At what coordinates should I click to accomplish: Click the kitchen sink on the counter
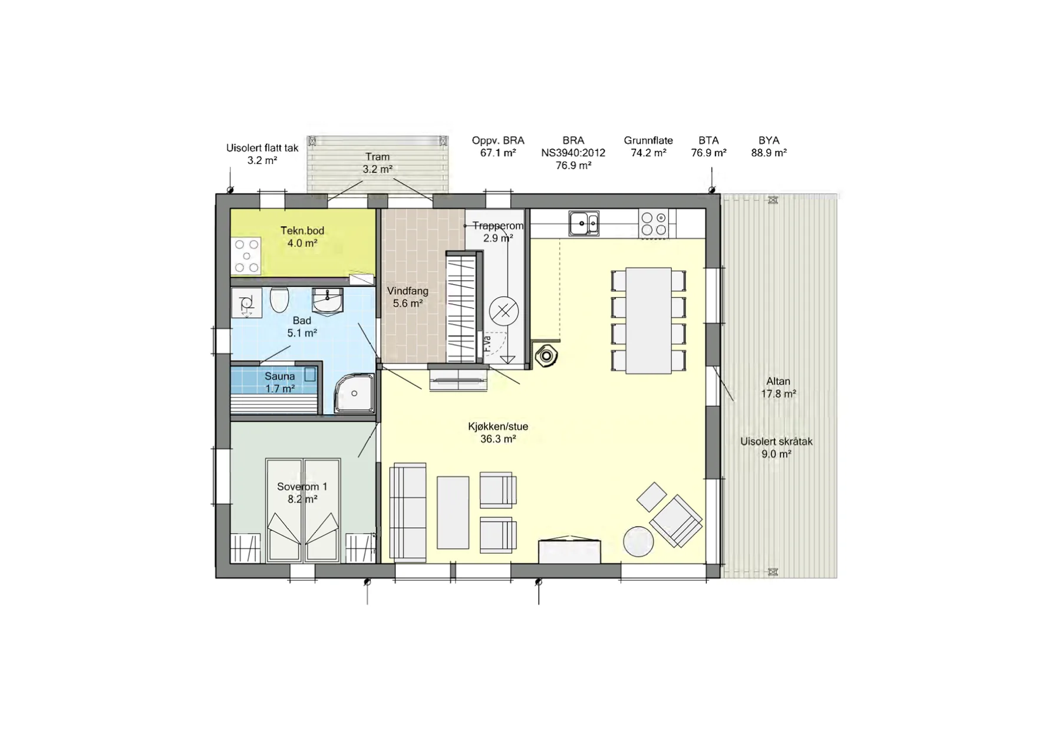tap(583, 223)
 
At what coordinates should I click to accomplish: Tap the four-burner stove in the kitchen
tap(654, 223)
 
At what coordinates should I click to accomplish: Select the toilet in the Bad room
tap(279, 300)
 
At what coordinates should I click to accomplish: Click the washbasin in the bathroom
tap(327, 301)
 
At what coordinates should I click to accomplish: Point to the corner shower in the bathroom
tap(355, 393)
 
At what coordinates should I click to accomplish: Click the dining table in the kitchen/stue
tap(648, 321)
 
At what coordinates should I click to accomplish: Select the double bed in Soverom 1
tap(303, 511)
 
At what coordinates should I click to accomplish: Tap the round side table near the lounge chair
tap(638, 541)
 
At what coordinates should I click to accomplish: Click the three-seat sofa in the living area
tap(407, 512)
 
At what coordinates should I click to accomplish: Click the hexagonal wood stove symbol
tap(546, 356)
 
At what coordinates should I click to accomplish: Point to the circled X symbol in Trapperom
tap(504, 311)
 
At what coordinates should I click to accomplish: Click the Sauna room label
tap(279, 376)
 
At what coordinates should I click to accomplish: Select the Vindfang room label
tap(408, 291)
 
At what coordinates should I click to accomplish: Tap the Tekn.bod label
tap(302, 230)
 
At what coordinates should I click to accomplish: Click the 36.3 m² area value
tap(498, 439)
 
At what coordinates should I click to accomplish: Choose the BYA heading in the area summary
tap(769, 140)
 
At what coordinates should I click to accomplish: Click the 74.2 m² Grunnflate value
tap(648, 153)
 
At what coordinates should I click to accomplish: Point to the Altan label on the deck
tap(778, 381)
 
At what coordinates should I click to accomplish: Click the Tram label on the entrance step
tap(377, 157)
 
